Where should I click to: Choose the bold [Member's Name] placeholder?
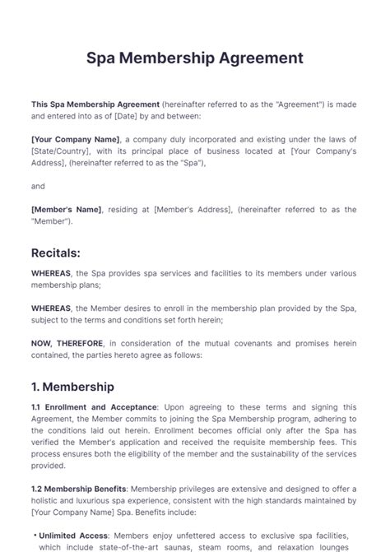[x=66, y=210]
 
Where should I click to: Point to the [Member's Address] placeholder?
[x=191, y=210]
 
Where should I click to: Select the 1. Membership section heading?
[x=72, y=386]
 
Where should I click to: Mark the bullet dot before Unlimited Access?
[x=34, y=534]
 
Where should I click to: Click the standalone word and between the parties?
[x=38, y=187]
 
